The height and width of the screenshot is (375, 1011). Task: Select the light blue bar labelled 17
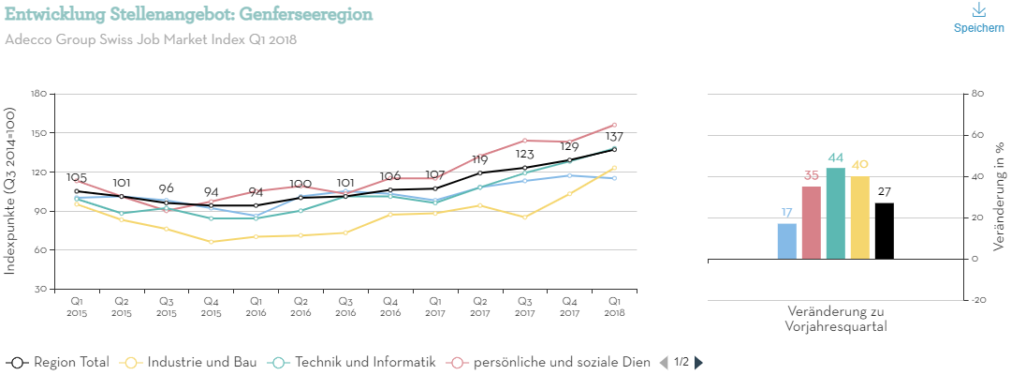(787, 241)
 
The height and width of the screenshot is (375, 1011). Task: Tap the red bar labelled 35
(812, 222)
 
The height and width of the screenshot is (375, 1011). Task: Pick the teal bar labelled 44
(836, 213)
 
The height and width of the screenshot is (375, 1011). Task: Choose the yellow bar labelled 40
(860, 217)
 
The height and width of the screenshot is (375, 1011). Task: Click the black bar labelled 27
(885, 231)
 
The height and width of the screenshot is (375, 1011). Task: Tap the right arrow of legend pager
(698, 362)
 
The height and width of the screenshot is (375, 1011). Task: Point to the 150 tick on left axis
(38, 133)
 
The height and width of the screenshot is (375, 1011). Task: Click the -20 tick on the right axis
(979, 300)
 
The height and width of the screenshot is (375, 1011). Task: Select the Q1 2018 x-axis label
(614, 307)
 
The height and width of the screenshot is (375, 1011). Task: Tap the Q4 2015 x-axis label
(211, 307)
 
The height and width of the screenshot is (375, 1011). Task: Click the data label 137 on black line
(614, 138)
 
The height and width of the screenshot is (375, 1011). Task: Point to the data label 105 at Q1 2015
(77, 178)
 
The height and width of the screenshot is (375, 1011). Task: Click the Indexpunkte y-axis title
(10, 190)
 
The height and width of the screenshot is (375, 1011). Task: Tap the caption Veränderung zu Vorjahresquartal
(836, 319)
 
